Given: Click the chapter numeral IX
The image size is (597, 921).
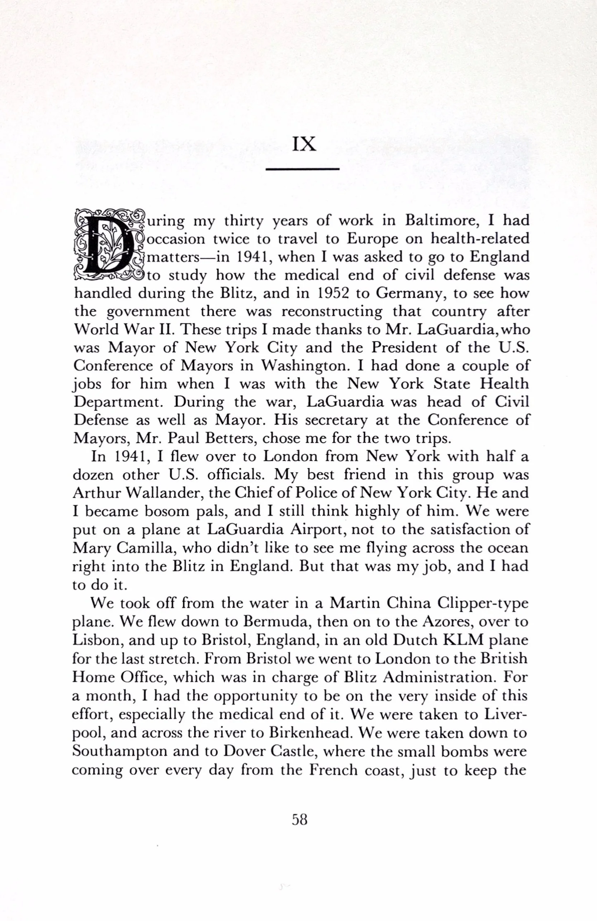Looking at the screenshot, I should pyautogui.click(x=304, y=144).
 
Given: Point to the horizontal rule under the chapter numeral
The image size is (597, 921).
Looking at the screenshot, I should pyautogui.click(x=303, y=169).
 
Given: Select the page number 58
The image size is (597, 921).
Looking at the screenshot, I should pyautogui.click(x=300, y=819).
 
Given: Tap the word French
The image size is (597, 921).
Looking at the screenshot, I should pyautogui.click(x=334, y=770).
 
